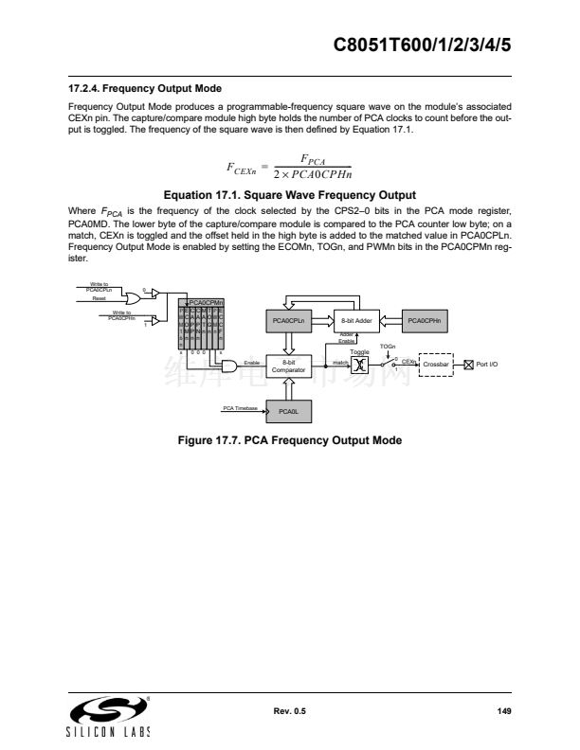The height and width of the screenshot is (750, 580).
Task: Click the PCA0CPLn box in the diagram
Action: [288, 322]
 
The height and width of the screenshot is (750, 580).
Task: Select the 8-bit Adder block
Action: [355, 322]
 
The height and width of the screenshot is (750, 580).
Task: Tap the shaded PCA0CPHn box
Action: [428, 322]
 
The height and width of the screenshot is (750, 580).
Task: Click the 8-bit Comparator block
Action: [288, 366]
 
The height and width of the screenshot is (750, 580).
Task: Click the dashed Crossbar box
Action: [436, 364]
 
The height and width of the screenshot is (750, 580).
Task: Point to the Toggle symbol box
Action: [359, 365]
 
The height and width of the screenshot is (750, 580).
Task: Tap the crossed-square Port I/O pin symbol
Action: [468, 364]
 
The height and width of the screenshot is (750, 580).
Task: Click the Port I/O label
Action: [487, 364]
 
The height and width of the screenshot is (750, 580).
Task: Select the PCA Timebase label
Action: [237, 407]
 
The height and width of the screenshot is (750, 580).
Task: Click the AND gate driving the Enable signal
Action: [229, 364]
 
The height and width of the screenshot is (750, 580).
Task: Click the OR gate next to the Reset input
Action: [133, 297]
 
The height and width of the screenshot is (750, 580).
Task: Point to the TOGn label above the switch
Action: [388, 347]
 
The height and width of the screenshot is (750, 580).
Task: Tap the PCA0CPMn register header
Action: [203, 302]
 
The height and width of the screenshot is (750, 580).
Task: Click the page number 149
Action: [503, 711]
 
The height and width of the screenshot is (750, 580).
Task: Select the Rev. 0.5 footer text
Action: [290, 711]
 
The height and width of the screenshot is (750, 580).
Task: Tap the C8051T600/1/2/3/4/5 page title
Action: [424, 44]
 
